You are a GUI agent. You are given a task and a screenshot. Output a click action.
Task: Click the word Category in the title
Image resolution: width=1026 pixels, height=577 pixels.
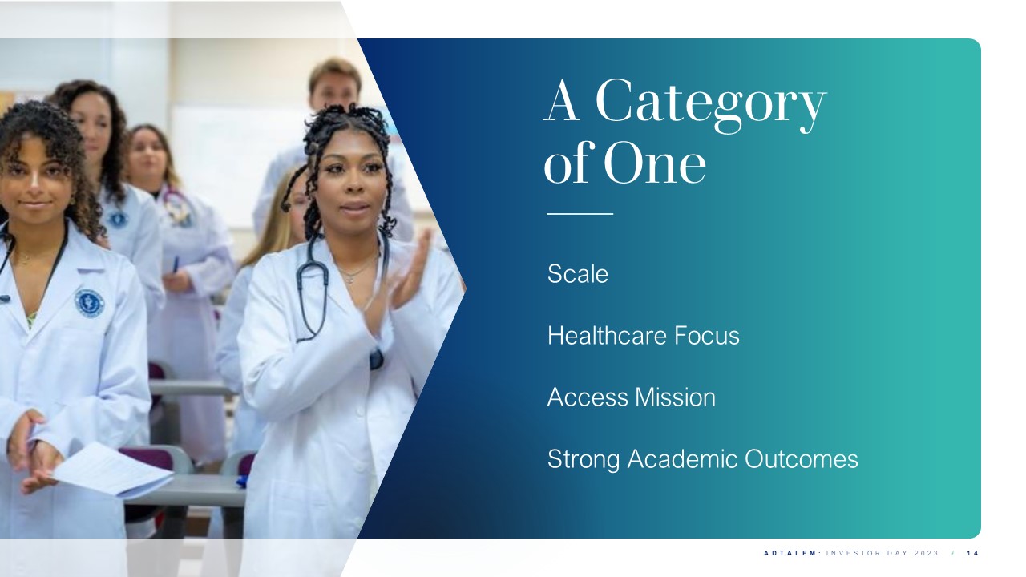point(711,106)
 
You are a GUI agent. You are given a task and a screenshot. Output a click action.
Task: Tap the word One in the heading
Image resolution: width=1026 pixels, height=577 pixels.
point(656,163)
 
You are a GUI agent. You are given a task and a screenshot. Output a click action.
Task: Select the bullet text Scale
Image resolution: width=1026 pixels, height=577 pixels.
point(578,274)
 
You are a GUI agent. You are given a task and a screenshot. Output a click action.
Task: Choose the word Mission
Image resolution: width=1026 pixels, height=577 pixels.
point(675,397)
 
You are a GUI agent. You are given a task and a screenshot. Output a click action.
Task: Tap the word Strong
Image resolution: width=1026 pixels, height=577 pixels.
point(584,460)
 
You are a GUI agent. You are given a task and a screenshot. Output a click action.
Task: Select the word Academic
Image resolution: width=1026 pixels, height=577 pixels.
point(682,458)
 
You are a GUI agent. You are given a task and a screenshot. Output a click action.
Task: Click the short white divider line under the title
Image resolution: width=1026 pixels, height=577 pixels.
point(580,214)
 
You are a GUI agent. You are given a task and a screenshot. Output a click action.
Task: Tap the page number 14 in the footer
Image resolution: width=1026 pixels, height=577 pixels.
point(973,553)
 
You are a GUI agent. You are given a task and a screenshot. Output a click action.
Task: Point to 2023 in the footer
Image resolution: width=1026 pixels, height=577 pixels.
point(927,553)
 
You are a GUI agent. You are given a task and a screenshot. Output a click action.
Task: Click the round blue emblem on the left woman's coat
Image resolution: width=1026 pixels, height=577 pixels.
point(89,303)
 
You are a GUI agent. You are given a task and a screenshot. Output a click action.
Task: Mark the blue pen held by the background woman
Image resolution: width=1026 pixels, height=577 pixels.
point(175,264)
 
